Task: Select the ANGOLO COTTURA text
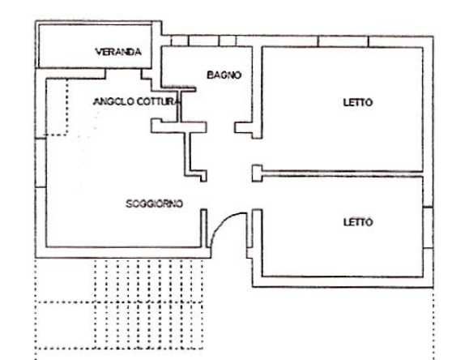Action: (x=134, y=101)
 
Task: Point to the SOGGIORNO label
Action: (x=155, y=204)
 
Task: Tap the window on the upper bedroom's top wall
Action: (x=343, y=41)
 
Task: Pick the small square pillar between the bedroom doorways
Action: (x=257, y=171)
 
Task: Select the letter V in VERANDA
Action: (x=98, y=52)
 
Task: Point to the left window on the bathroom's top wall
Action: (x=181, y=41)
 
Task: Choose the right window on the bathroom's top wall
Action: (x=228, y=41)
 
